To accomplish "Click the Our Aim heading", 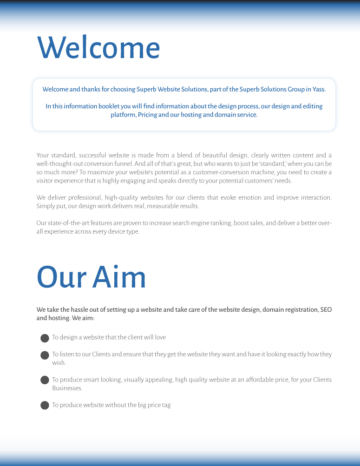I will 91,277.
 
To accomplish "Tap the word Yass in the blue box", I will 319,89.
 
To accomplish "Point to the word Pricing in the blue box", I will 147,115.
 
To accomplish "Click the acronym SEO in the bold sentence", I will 326,309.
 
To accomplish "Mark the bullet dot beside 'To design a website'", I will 45,338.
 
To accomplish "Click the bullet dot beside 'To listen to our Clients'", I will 45,355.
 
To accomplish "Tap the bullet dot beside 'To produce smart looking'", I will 45,380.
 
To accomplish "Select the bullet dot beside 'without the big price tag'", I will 45,405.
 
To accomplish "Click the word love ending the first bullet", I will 159,337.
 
